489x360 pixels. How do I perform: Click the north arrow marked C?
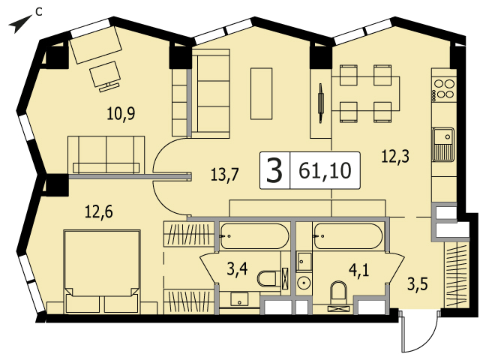pos(20,24)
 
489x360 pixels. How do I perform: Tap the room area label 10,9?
pos(121,113)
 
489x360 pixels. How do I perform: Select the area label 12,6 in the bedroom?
pos(99,212)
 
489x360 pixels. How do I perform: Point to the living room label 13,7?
pos(224,175)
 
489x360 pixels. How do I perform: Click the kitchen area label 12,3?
pos(395,156)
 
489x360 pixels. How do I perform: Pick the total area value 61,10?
pos(325,171)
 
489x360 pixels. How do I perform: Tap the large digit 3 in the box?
pos(274,171)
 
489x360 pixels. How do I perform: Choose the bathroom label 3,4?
pos(237,269)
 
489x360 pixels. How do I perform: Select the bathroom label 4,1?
pos(359,270)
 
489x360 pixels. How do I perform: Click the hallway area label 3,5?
pos(418,285)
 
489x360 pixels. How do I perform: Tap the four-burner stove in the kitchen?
pos(445,89)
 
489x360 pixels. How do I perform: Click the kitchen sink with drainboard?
pos(442,144)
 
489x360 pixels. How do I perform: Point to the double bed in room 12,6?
pos(102,271)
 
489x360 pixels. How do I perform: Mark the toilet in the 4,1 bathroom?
pos(339,293)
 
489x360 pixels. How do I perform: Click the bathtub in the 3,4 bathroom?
pos(254,236)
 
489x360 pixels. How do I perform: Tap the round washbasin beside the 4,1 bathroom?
pos(303,283)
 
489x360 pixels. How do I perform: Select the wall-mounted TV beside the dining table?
pos(320,103)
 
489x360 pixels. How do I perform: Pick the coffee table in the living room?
pos(261,94)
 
